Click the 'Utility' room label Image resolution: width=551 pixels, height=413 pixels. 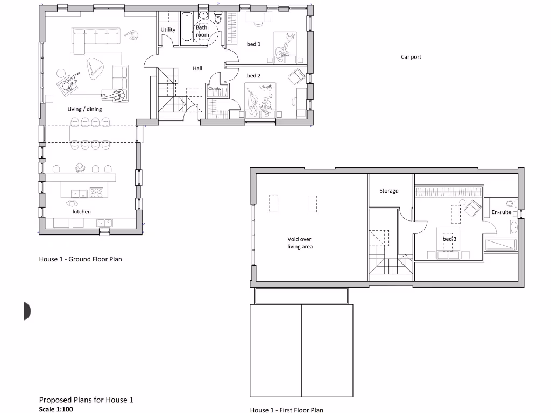[x=168, y=30]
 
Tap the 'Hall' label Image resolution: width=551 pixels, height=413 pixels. [x=197, y=68]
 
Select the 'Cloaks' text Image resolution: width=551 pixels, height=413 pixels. [x=215, y=89]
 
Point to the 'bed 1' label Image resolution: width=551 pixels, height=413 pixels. [x=253, y=44]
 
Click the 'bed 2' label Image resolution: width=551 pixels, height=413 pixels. [x=253, y=76]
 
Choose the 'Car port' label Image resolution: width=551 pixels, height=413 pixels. [x=411, y=56]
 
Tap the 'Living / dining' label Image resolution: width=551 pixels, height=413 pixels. [x=84, y=109]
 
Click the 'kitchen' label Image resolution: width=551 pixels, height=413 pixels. [x=82, y=212]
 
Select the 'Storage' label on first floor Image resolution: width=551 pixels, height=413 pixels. [x=388, y=191]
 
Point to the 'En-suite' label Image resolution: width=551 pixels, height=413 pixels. [x=501, y=212]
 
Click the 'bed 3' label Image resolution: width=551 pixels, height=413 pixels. [x=449, y=239]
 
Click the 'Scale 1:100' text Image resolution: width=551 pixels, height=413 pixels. [x=55, y=409]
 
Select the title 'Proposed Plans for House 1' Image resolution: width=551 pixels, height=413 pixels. [x=86, y=400]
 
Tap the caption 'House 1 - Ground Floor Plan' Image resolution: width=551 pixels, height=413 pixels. [x=80, y=259]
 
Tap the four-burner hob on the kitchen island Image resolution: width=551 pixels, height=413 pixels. [x=96, y=191]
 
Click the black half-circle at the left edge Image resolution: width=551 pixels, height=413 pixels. [x=27, y=311]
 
